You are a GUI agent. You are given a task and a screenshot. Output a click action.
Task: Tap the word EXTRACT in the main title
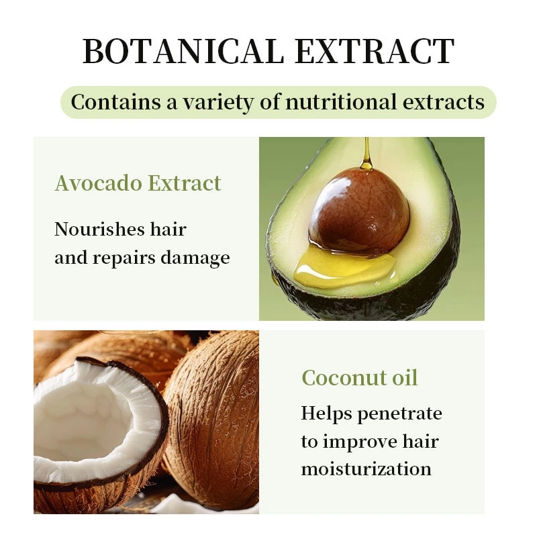click(x=377, y=52)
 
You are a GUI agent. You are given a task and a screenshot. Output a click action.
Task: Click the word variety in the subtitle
click(x=218, y=103)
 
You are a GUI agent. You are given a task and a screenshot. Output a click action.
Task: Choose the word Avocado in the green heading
click(x=96, y=183)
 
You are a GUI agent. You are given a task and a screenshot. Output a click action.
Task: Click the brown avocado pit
click(x=358, y=208)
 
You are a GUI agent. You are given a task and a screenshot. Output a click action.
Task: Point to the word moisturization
click(x=366, y=469)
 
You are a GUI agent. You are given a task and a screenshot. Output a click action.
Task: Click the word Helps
click(x=326, y=413)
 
